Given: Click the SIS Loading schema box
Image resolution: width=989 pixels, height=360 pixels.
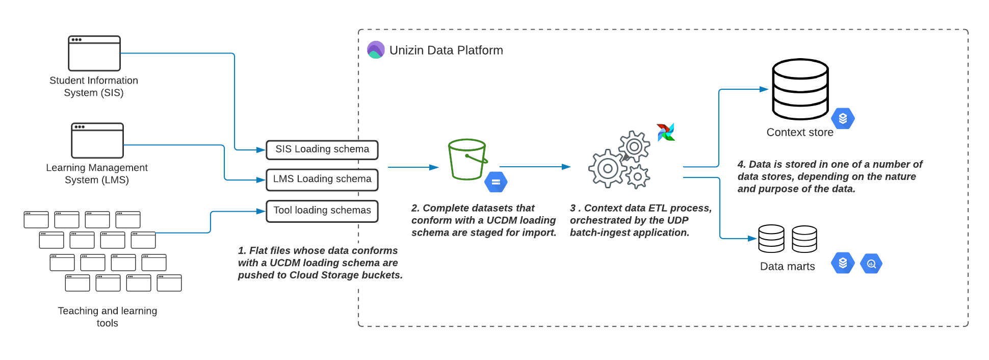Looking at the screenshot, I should coord(322,149).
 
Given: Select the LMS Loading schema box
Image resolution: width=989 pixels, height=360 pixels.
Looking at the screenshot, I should coord(322,179).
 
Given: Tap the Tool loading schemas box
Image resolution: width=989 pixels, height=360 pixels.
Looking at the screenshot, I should coord(322,211).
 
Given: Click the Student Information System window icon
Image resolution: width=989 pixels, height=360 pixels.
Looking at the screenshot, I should coord(94,53).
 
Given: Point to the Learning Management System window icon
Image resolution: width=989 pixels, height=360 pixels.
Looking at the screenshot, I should coord(97,140).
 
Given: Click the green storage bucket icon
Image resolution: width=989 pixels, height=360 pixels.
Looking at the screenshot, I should coord(467,159).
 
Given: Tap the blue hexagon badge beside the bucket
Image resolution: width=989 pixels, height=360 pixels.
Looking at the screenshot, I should coord(496,182).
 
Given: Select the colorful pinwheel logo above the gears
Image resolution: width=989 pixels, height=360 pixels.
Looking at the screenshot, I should coord(666,132).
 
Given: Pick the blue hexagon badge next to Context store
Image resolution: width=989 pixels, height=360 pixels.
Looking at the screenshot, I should coord(843,118).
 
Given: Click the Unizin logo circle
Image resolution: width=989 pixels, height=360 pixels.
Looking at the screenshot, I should coord(376,50).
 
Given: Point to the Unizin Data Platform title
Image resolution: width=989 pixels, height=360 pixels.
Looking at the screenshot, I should coord(446,50).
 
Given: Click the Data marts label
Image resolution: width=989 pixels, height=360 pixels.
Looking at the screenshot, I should coord(787,266).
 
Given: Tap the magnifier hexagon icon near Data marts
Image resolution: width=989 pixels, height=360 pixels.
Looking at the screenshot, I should coord(871,264).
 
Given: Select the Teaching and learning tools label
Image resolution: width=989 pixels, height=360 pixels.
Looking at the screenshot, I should coord(108,317).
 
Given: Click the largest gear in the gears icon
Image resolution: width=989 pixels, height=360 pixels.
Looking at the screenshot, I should coord(608,168).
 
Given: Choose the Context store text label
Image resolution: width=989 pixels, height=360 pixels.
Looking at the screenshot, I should coord(800,133).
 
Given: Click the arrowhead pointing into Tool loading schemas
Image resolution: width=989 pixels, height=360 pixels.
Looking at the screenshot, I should coord(261,211).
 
